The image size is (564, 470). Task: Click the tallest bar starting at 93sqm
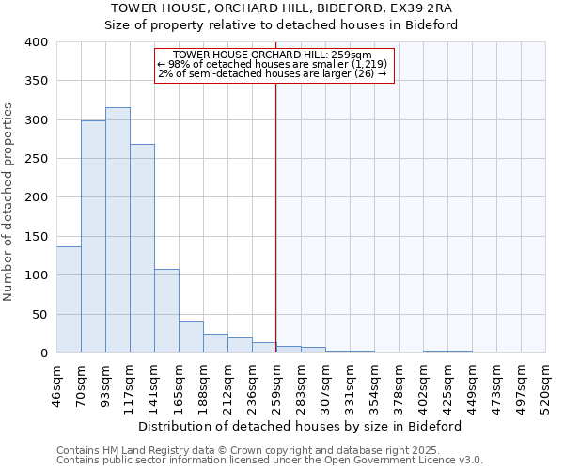[117, 230]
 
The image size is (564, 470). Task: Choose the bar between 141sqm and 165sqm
[166, 311]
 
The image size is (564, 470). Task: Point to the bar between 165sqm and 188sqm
[191, 337]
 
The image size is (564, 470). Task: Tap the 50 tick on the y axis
[39, 314]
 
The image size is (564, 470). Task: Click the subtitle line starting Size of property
[281, 24]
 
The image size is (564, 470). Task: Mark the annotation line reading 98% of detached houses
[273, 64]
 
